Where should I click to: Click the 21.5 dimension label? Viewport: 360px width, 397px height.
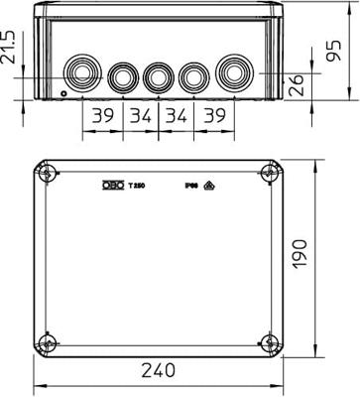point(10,48)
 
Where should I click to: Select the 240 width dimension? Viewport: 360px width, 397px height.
point(157,372)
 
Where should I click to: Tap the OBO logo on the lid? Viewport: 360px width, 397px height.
point(113,184)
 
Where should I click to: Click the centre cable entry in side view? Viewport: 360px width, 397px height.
point(157,75)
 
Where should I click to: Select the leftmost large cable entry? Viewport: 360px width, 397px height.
point(79,73)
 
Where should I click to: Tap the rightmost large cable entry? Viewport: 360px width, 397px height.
point(234,73)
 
